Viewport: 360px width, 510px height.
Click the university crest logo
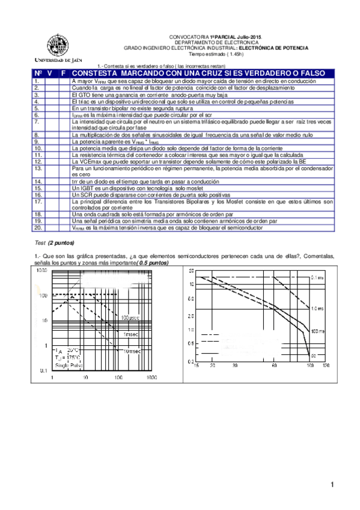pos(58,44)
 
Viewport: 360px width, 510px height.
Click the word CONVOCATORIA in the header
pos(188,37)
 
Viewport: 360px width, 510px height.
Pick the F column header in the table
pos(63,73)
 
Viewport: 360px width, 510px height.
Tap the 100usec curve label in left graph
pos(131,318)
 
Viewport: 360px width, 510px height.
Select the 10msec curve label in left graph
pos(132,350)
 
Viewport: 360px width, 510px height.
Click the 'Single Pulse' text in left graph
pos(70,365)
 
